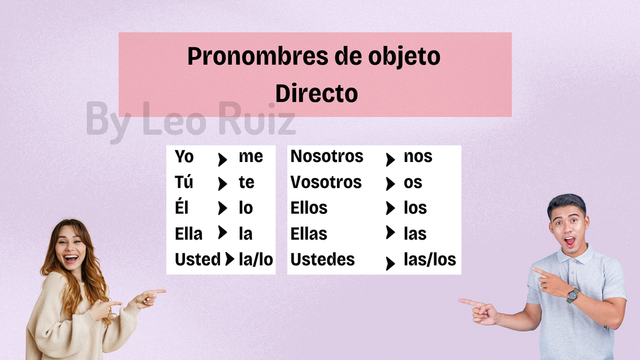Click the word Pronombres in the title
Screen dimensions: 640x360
click(258, 56)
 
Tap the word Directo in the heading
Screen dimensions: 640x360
click(316, 93)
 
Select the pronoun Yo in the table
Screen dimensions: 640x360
click(184, 156)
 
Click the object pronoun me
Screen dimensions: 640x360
click(251, 157)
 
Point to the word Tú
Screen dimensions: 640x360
click(184, 182)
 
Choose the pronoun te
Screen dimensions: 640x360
click(246, 182)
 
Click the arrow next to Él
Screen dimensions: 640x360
click(223, 208)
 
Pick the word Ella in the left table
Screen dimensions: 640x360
click(188, 234)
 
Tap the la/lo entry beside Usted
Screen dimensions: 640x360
click(256, 259)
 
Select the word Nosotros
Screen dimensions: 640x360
click(327, 156)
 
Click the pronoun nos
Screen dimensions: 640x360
click(418, 157)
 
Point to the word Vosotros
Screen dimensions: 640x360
click(326, 182)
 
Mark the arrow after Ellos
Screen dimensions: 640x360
click(391, 208)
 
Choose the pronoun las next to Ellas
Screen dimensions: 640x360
click(415, 234)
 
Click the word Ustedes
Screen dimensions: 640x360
click(322, 259)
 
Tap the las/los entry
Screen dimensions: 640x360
click(430, 259)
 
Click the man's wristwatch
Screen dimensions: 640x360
click(573, 295)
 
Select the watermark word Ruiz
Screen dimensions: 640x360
click(256, 118)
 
